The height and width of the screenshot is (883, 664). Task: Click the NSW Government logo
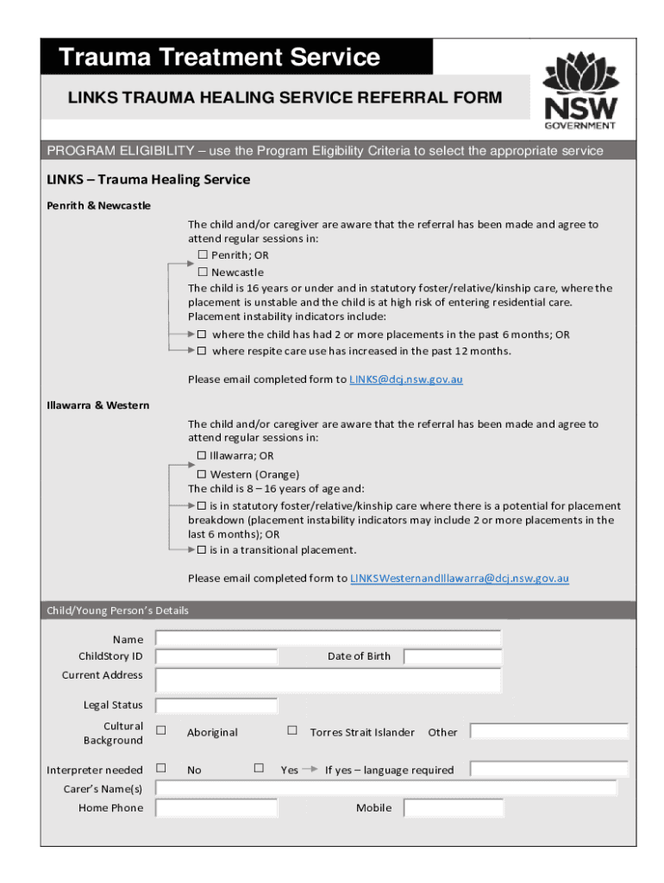tap(579, 90)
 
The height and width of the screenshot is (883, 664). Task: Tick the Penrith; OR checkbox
tap(203, 255)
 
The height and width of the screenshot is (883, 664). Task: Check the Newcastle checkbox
tap(203, 272)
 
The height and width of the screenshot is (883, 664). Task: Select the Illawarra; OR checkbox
tap(201, 455)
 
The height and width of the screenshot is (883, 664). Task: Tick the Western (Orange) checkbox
tap(202, 473)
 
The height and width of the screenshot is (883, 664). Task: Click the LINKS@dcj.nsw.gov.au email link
tap(405, 379)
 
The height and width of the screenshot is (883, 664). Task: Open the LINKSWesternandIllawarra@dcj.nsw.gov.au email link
tap(459, 579)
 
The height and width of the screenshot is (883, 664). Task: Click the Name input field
tap(328, 638)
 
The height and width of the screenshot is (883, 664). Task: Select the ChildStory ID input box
tap(216, 657)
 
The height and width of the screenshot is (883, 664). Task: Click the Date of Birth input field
tap(453, 657)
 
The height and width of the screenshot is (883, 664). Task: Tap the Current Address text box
tap(328, 679)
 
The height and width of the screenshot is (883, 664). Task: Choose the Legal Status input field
tap(216, 706)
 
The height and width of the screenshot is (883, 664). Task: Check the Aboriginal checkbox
tap(160, 730)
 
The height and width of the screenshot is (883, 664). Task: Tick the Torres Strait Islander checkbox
tap(291, 730)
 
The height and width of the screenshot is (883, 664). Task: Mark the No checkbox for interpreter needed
tap(160, 767)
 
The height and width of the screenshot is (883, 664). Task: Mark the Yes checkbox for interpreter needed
tap(259, 767)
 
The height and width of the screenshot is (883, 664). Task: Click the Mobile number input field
tap(453, 808)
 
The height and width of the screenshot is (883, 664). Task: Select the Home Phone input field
tap(216, 808)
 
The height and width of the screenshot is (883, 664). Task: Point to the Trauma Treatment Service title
tap(220, 58)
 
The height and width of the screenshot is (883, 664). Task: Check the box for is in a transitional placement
tap(202, 550)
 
